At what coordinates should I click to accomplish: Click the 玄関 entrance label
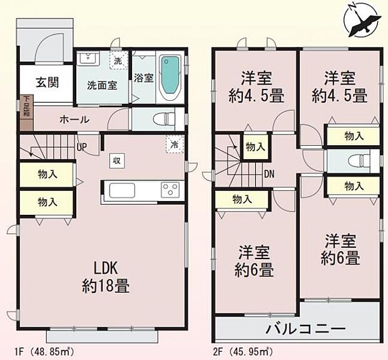coord(47,82)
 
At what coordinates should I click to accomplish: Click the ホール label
coord(74,120)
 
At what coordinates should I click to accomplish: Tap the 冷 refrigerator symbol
coord(175,145)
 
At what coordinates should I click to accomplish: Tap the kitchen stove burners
coord(170,189)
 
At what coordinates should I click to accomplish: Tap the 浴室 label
coord(143,78)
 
